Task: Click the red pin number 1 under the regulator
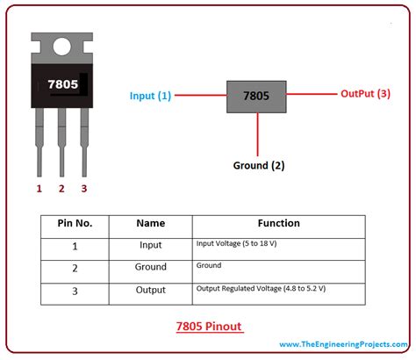pos(39,188)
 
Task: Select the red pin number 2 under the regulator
pos(61,188)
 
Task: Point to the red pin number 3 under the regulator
pos(83,188)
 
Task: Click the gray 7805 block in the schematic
pos(257,95)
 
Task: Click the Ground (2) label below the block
pos(258,165)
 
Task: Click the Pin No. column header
pos(75,224)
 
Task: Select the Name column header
pos(151,224)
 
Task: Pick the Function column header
pos(278,224)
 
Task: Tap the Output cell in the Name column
pos(151,288)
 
